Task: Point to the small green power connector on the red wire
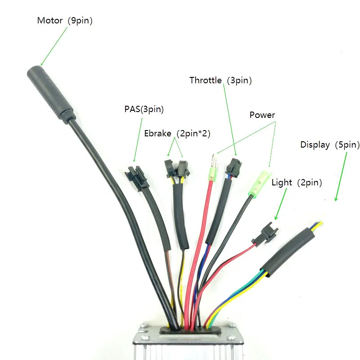pyautogui.click(x=213, y=168)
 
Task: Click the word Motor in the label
pyautogui.click(x=50, y=20)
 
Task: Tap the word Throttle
pyautogui.click(x=206, y=80)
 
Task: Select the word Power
pyautogui.click(x=262, y=115)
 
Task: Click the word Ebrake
pyautogui.click(x=158, y=133)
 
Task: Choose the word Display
pyautogui.click(x=315, y=145)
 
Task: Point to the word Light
pyautogui.click(x=282, y=183)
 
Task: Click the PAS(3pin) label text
pyautogui.click(x=144, y=109)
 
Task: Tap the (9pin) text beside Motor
pyautogui.click(x=80, y=21)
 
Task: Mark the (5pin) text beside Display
pyautogui.click(x=347, y=145)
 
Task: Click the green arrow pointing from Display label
pyautogui.click(x=341, y=176)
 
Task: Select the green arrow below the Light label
pyautogui.click(x=281, y=204)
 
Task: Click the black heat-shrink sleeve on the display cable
pyautogui.click(x=288, y=252)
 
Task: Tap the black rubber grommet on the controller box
pyautogui.click(x=190, y=330)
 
